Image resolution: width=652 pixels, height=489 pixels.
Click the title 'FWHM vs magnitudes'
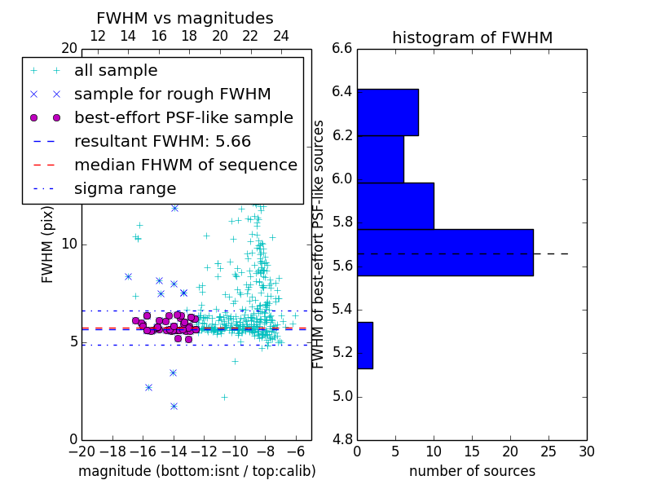(x=185, y=19)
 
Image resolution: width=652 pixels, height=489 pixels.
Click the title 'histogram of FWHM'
(x=472, y=37)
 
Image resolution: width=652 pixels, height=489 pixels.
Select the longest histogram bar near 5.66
(x=445, y=253)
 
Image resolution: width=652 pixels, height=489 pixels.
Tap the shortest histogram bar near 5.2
(x=364, y=345)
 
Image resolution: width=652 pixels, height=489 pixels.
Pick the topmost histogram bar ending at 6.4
(x=387, y=112)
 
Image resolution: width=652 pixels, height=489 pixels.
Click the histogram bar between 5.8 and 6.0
(x=395, y=205)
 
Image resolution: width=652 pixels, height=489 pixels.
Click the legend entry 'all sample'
(x=116, y=71)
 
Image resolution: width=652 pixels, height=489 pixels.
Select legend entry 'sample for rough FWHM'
(x=172, y=94)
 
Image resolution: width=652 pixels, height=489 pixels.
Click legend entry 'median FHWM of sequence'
(x=185, y=165)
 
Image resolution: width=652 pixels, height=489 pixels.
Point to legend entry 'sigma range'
(x=125, y=188)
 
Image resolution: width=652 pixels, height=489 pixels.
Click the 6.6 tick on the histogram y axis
(x=342, y=49)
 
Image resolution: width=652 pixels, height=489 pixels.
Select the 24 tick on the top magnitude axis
(x=280, y=36)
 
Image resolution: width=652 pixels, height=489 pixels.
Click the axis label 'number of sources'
(x=472, y=471)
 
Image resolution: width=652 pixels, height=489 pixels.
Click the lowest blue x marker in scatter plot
(x=174, y=406)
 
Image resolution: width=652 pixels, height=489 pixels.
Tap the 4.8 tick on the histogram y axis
(x=342, y=440)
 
